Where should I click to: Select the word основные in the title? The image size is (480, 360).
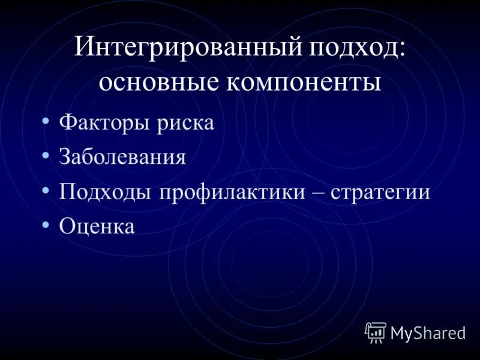click(x=157, y=82)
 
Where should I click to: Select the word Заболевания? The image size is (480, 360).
click(x=122, y=157)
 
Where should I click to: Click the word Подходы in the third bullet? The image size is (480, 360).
click(x=105, y=193)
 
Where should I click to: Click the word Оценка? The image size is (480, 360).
click(x=97, y=226)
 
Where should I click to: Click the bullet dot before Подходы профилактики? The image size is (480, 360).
click(x=46, y=191)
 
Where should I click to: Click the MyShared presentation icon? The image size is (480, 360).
click(x=376, y=332)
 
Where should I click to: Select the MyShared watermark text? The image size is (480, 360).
click(x=428, y=333)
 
